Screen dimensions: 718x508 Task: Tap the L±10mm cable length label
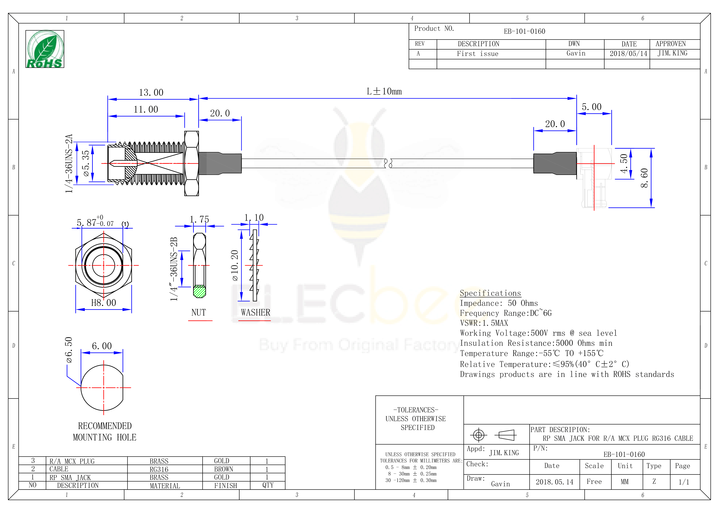tap(384, 91)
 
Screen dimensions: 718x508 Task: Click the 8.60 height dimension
tap(644, 178)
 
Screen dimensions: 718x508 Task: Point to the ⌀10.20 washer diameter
tap(235, 265)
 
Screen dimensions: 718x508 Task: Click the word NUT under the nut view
tap(199, 312)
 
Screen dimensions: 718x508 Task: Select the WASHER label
tap(255, 312)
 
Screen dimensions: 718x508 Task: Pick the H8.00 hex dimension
tap(104, 303)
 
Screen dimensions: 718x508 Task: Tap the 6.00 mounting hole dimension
tap(102, 346)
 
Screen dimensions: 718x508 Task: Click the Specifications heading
tap(490, 293)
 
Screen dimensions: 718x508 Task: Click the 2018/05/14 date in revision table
tap(628, 54)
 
